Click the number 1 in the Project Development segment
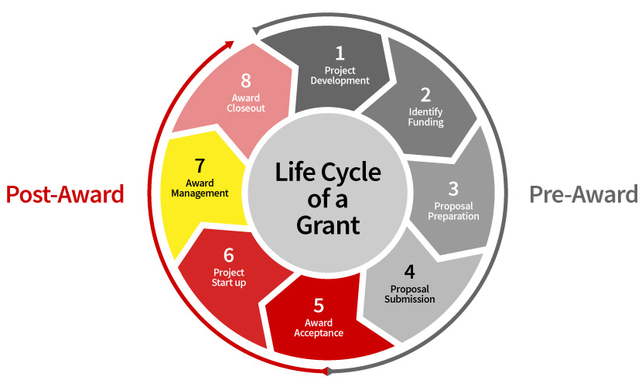coord(339,53)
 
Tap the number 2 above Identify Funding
coord(425,94)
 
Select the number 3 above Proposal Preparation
coord(453,188)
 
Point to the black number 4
coord(409,272)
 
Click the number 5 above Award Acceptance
coord(318,305)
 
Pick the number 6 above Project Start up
coord(228,255)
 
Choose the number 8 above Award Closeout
coord(246,80)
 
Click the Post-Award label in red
coord(65,194)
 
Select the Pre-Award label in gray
coord(583,194)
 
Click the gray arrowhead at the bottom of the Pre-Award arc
coord(329,370)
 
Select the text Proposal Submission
coord(409,294)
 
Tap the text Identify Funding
coord(425,117)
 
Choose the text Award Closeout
coord(246,103)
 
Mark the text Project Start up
coord(229,277)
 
